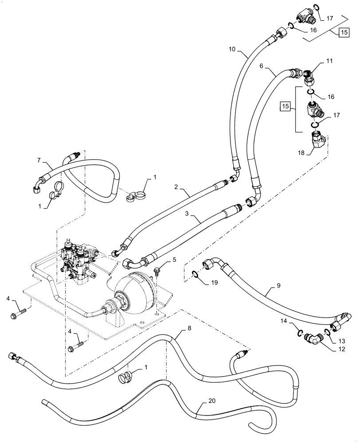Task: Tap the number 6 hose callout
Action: (261, 65)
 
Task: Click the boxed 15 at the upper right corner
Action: (344, 32)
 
